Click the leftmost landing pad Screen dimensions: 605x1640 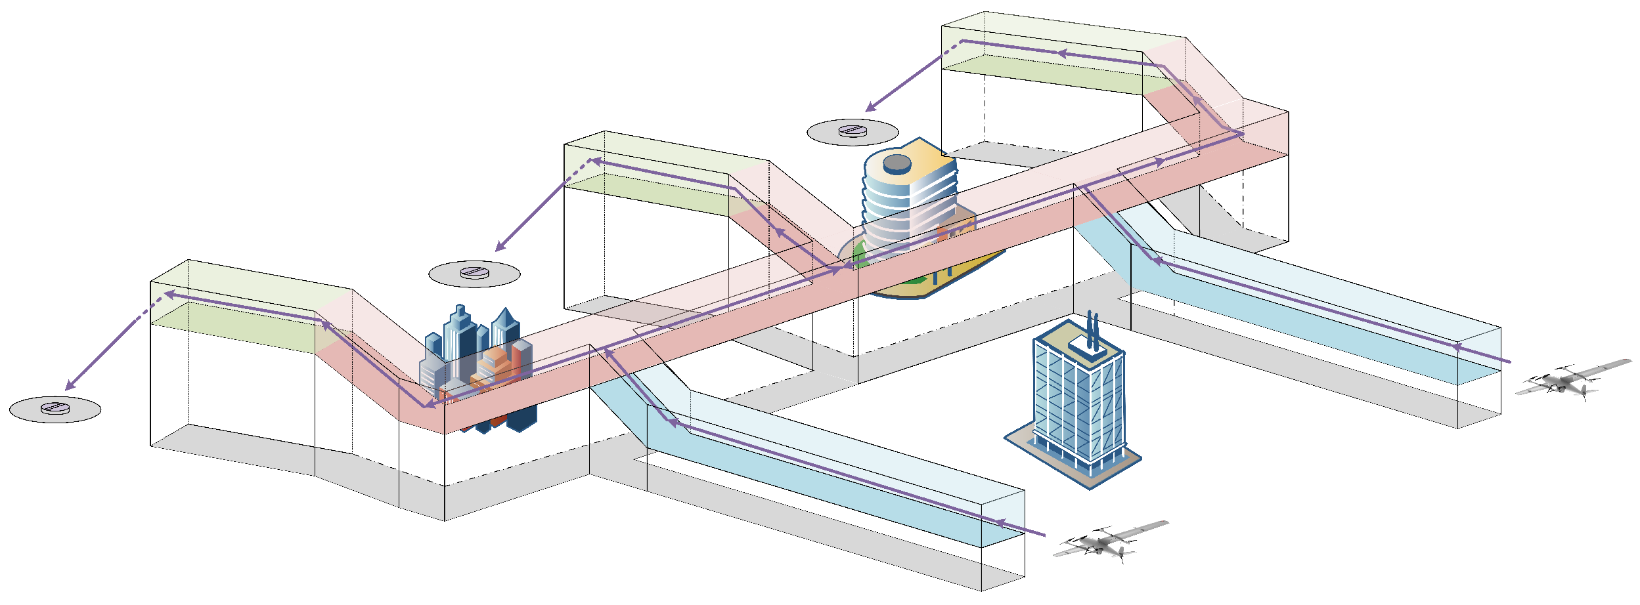55,409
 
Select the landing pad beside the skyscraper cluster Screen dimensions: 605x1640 474,273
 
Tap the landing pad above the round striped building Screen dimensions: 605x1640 853,131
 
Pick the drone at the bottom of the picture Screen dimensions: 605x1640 1110,542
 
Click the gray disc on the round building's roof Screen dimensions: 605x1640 897,162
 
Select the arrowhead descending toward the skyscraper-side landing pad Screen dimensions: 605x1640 500,247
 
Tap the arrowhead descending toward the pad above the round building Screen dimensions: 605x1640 870,108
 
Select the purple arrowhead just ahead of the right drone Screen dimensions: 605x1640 1456,347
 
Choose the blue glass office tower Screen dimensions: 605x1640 1077,400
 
